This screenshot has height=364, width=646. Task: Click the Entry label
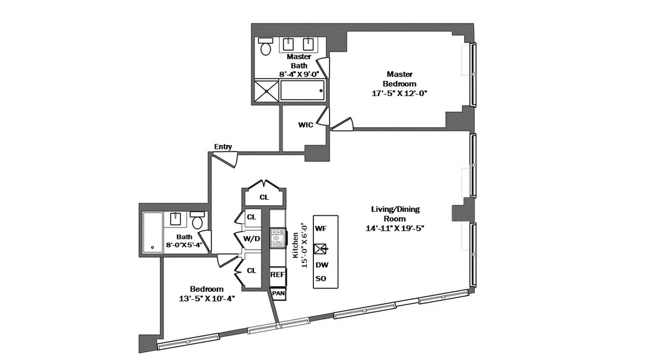[x=223, y=147]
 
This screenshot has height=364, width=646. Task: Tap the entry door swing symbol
[x=225, y=159]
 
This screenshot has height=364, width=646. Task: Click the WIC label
[x=306, y=125]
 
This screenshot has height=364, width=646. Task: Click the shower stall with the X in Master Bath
[x=266, y=91]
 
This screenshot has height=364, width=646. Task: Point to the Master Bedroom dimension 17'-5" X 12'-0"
[x=400, y=93]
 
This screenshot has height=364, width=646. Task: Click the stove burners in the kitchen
[x=277, y=238]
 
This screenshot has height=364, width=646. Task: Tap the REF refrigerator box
[x=277, y=275]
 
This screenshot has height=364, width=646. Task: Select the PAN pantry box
[x=278, y=293]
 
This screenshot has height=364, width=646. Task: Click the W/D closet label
[x=251, y=238]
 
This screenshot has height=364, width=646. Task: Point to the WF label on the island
[x=321, y=229]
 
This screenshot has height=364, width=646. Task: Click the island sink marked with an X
[x=321, y=249]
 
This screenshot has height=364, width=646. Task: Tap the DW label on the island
[x=321, y=265]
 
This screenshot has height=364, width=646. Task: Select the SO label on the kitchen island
[x=321, y=279]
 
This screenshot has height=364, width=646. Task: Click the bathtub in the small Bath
[x=152, y=232]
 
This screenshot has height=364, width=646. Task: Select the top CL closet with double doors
[x=264, y=197]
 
